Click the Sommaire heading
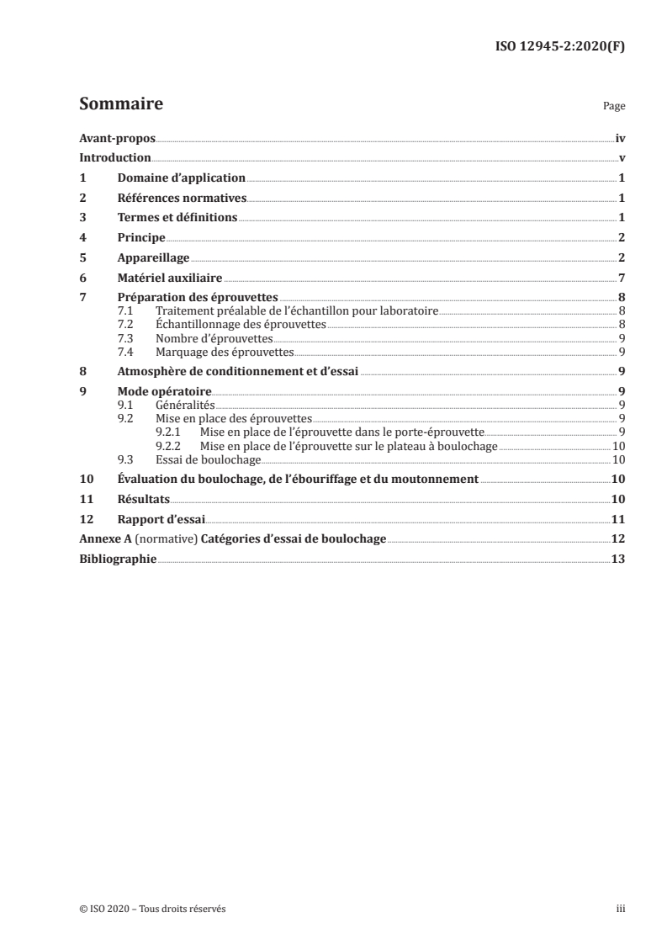click(120, 104)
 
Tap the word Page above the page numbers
click(614, 108)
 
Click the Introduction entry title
click(114, 158)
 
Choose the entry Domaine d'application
click(181, 178)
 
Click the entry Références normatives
click(182, 199)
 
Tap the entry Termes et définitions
click(177, 218)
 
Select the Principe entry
click(141, 238)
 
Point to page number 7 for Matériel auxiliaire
click(620, 278)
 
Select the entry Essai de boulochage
click(208, 459)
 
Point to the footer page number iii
click(621, 909)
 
